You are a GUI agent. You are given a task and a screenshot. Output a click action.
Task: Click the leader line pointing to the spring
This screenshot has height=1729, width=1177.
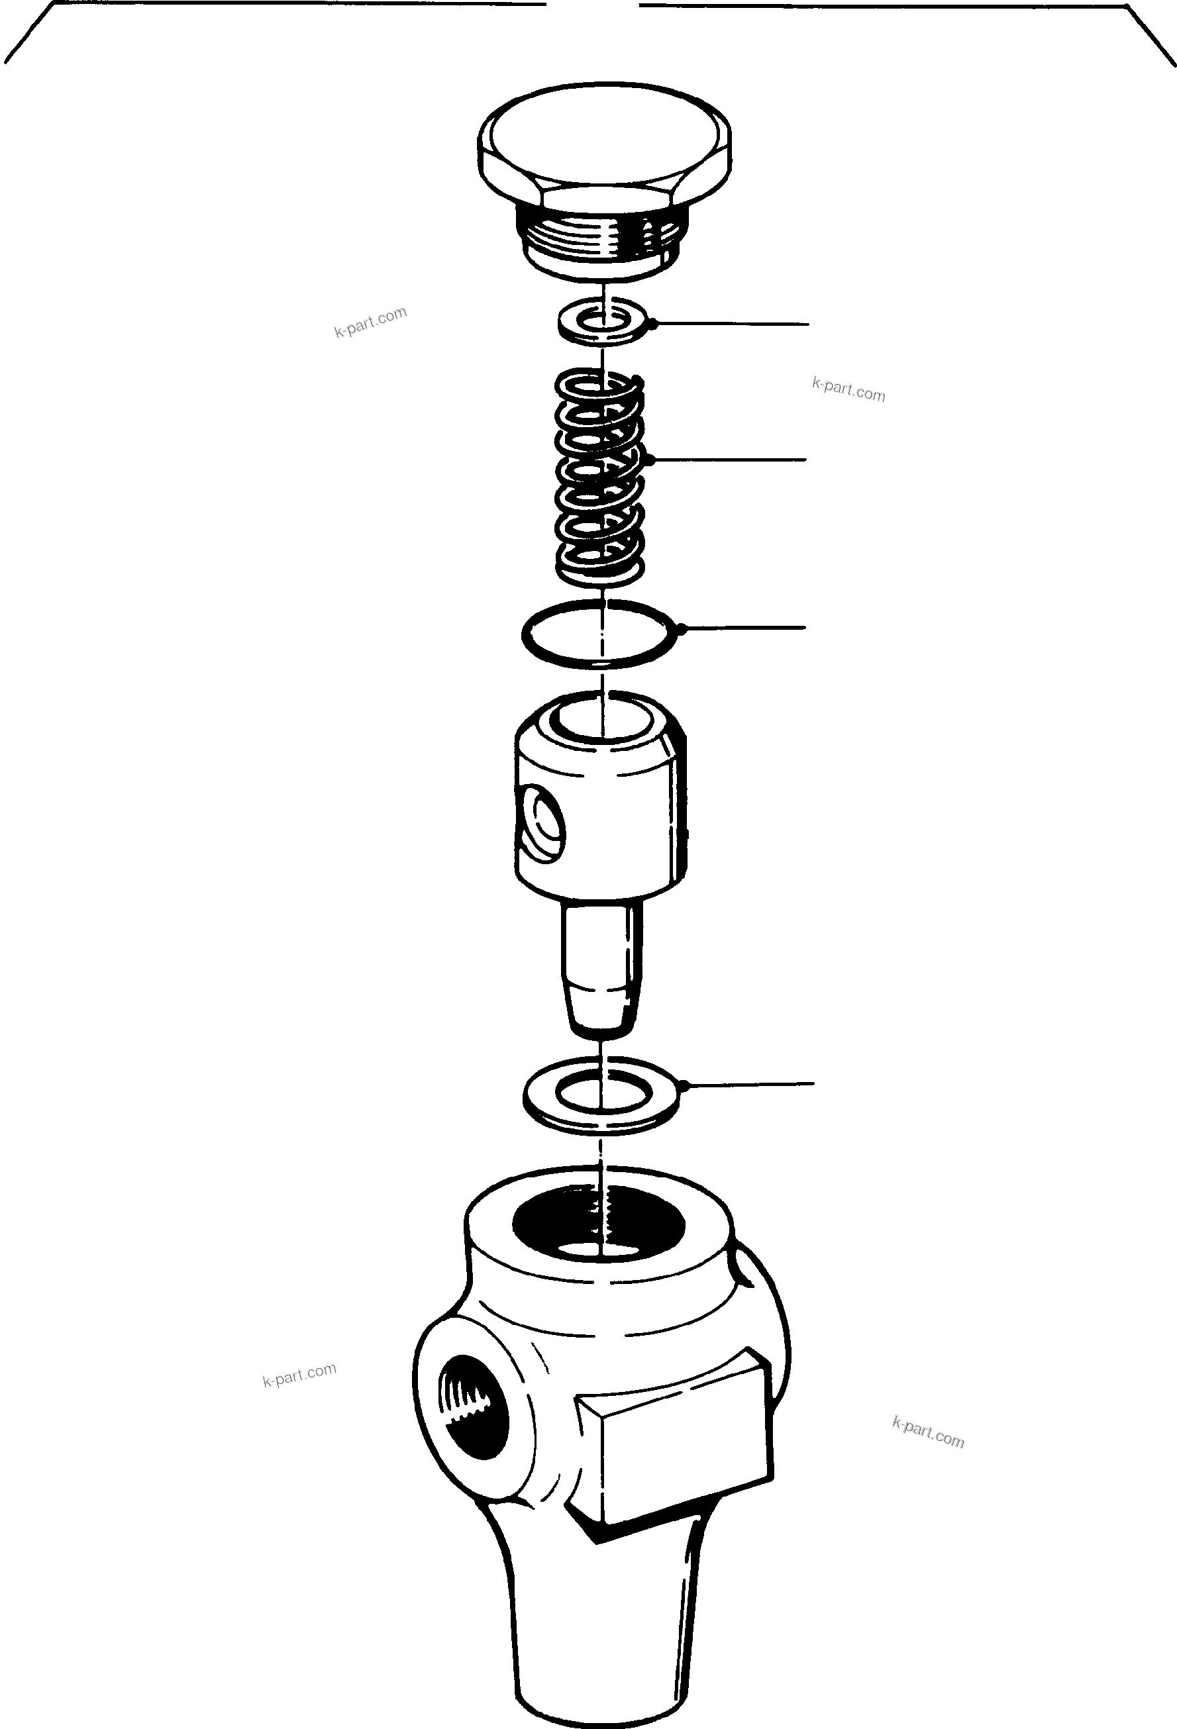pos(729,460)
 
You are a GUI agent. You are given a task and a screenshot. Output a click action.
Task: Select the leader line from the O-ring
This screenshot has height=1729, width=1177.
pos(744,628)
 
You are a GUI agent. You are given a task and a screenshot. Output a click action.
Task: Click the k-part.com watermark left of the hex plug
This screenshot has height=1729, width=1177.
pos(370,322)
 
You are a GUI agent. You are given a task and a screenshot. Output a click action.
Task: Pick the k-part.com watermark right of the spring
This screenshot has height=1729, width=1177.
pos(848,389)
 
